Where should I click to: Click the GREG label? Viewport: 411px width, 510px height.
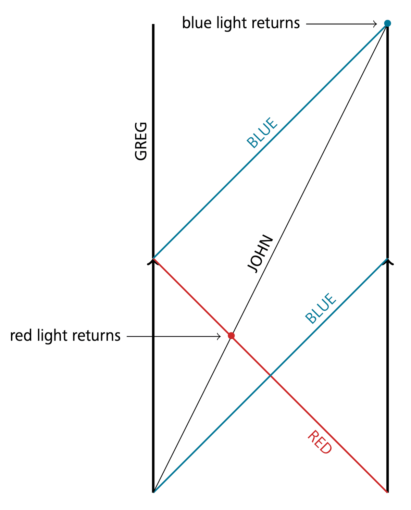tap(141, 141)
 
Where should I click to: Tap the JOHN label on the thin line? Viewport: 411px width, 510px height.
tap(260, 254)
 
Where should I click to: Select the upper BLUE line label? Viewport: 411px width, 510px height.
tap(262, 133)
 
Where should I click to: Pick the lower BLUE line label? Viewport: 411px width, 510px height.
tap(321, 308)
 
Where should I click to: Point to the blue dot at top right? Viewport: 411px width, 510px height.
tap(387, 23)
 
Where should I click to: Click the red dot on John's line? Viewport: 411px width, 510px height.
tap(231, 336)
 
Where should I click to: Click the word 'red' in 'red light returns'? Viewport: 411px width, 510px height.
tap(21, 336)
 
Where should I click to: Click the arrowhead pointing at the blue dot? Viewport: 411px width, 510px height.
tap(375, 24)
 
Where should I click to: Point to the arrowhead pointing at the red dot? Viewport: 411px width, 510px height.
tap(219, 337)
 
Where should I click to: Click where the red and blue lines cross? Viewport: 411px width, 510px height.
tap(270, 375)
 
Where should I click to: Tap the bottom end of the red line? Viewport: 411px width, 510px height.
tap(387, 492)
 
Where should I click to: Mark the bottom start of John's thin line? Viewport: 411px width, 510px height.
tap(153, 492)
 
